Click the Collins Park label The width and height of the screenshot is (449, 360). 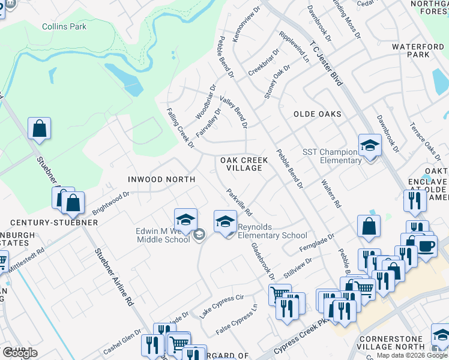click(64, 26)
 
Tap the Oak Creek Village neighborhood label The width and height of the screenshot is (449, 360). click(241, 164)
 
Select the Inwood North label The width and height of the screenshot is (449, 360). click(161, 179)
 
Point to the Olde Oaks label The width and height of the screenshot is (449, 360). click(317, 114)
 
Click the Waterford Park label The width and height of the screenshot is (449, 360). click(418, 50)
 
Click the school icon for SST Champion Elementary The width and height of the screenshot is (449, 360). click(370, 145)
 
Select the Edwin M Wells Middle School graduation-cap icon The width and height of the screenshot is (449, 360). click(186, 219)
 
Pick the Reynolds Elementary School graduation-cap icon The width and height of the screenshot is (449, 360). click(226, 221)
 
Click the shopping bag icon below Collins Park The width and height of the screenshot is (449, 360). click(39, 128)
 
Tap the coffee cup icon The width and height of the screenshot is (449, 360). click(426, 246)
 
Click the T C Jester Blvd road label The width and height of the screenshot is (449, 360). click(326, 63)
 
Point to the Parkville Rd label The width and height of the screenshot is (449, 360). click(239, 203)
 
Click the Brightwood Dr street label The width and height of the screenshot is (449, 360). click(110, 204)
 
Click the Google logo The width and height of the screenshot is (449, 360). click(20, 353)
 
